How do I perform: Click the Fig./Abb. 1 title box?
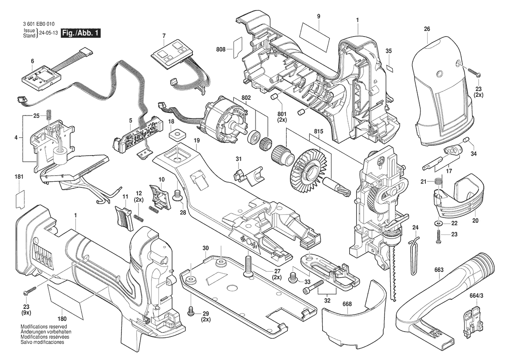[81, 33]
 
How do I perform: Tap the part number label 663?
[438, 270]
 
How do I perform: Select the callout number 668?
[347, 304]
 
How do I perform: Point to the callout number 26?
[427, 29]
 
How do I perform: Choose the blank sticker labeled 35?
[390, 68]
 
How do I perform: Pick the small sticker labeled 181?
[20, 199]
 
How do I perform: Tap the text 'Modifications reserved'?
[44, 326]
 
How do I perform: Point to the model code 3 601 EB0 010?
[39, 24]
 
